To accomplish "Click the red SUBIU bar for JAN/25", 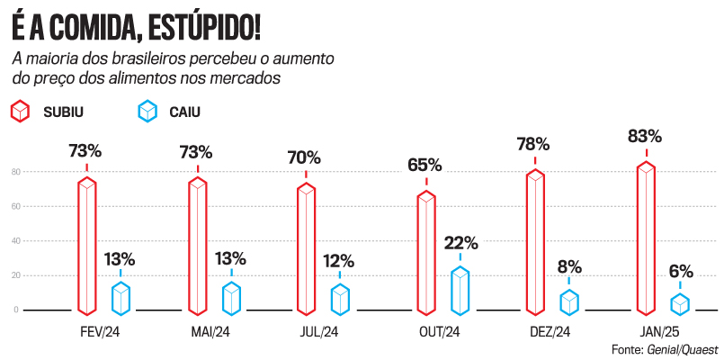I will tap(646, 238).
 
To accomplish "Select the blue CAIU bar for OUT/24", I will tap(460, 290).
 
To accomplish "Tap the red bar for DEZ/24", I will tap(535, 241).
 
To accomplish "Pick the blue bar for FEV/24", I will tap(121, 298).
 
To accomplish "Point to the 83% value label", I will tap(645, 137).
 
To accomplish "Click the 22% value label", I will tap(460, 243).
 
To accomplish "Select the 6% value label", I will tap(680, 271).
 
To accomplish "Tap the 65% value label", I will tap(425, 165).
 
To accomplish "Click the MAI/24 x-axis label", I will tap(210, 332).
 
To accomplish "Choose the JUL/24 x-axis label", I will tap(318, 332).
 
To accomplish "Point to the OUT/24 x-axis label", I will tap(440, 332).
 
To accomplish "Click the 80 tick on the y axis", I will tap(15, 172).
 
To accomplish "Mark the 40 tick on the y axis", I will tap(15, 241).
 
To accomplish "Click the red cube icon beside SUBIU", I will tap(20, 112).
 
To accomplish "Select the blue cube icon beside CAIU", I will tap(146, 112).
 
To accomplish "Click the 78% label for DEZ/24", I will tap(534, 144).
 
